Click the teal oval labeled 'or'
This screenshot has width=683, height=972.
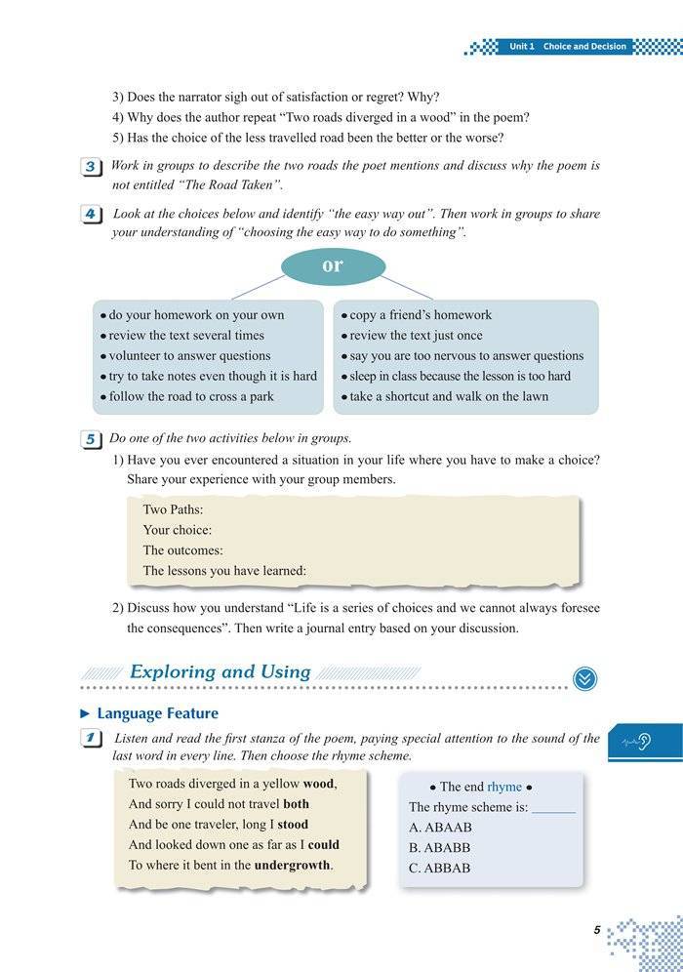point(333,265)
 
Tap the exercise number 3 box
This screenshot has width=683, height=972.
point(90,167)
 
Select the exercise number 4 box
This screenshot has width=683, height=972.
point(90,215)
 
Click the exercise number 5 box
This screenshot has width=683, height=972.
point(90,439)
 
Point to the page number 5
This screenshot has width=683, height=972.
point(596,930)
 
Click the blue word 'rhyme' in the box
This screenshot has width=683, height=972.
point(504,787)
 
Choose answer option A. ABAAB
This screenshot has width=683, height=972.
point(440,828)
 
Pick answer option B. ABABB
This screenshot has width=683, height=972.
point(440,848)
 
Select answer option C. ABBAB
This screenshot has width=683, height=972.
point(440,868)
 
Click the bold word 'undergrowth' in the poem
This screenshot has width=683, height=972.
point(293,865)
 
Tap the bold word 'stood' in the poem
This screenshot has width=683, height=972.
point(291,824)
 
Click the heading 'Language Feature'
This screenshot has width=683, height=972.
point(157,713)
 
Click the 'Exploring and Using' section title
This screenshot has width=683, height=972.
point(220,671)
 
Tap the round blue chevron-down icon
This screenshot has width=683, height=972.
point(584,678)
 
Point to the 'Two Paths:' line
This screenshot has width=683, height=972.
point(173,509)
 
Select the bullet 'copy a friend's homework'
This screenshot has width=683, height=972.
point(421,315)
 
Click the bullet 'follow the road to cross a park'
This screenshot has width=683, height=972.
point(191,396)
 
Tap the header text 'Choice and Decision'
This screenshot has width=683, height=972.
point(584,47)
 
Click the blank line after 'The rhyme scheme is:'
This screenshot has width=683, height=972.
point(553,808)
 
